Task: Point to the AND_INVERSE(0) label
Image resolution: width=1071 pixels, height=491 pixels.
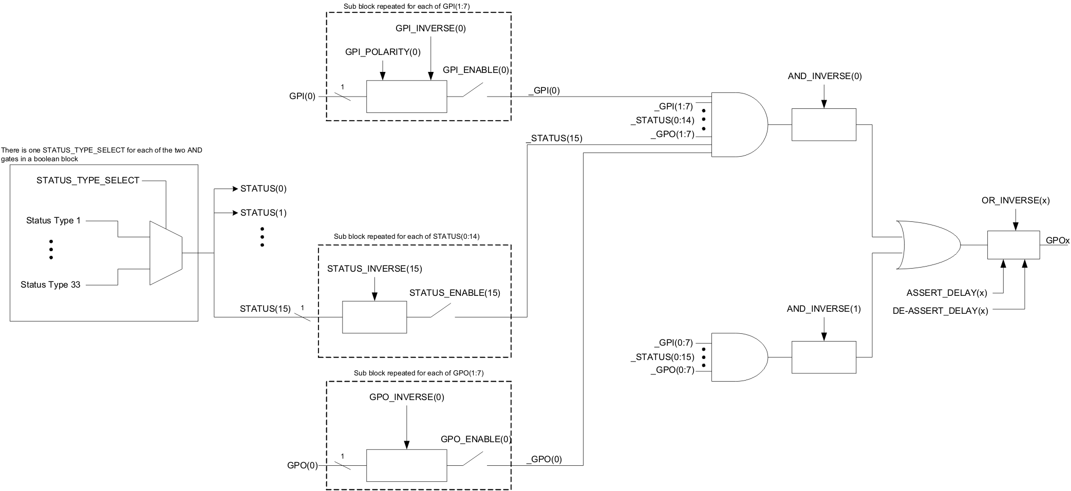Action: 824,77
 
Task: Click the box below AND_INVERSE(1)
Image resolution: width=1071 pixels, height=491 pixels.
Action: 823,357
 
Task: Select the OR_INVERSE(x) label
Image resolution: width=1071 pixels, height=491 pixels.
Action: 1015,201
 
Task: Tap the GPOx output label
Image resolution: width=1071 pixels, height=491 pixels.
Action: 1057,240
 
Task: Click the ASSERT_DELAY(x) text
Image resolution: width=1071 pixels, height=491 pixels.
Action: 946,293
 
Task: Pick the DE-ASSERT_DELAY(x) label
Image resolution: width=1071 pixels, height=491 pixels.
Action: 940,311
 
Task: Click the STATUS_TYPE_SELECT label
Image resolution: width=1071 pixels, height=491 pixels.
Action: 88,180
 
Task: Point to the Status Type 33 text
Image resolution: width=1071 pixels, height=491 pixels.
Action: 50,285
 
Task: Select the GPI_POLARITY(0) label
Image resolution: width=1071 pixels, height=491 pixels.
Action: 382,52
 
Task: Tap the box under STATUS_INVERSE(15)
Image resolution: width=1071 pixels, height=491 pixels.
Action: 374,317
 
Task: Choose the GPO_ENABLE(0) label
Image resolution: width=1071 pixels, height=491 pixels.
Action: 476,439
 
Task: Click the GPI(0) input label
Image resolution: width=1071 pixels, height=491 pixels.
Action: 302,97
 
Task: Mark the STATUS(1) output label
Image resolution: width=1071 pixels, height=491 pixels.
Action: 263,213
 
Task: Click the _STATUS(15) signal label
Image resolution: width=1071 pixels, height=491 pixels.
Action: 554,138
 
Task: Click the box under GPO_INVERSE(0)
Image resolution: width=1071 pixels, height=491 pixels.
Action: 406,465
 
